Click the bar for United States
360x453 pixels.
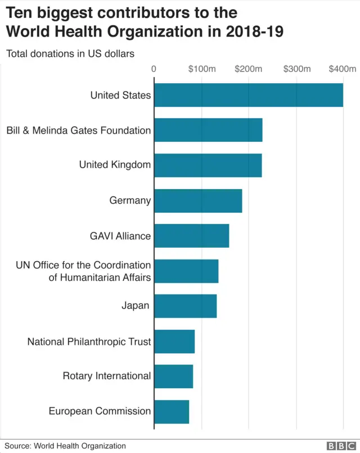pos(248,95)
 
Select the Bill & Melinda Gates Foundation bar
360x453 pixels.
pos(208,130)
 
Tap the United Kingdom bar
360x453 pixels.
pos(208,165)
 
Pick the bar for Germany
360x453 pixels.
pos(198,200)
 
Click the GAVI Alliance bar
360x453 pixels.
pos(191,236)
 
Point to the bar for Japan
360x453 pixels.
pos(185,306)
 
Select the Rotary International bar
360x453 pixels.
pos(173,376)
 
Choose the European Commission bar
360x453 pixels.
pos(172,411)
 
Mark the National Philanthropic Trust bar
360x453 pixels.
pos(174,341)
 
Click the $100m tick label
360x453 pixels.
pos(202,69)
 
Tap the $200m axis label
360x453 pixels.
pos(249,69)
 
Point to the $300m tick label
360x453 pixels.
pos(296,69)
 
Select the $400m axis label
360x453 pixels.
pos(343,69)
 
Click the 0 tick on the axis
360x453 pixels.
pos(154,69)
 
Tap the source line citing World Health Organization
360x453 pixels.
pos(65,446)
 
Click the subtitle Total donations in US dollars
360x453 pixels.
pos(70,54)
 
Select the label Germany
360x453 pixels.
pos(130,200)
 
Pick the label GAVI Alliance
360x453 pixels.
pos(120,236)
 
